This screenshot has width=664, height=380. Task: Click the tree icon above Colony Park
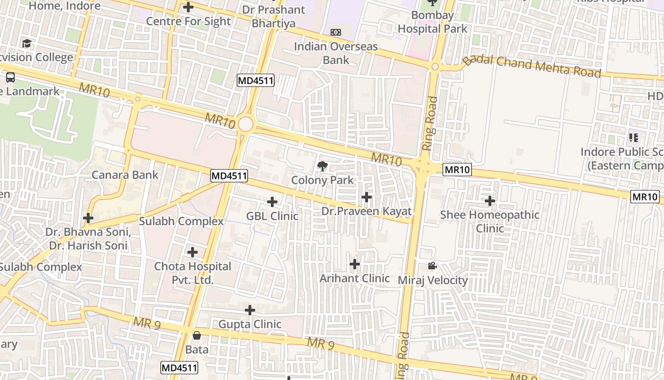click(323, 166)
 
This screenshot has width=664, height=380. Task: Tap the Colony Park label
click(323, 180)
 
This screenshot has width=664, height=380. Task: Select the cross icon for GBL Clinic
click(272, 202)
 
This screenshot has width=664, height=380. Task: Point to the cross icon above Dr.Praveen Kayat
click(367, 197)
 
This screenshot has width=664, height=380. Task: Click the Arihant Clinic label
click(355, 278)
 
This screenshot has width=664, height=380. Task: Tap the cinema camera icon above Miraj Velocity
click(432, 266)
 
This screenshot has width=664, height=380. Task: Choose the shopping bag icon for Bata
click(197, 335)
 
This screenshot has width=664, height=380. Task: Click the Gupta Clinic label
click(250, 324)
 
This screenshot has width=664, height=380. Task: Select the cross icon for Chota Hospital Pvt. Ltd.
click(193, 252)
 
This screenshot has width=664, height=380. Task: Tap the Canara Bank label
click(125, 175)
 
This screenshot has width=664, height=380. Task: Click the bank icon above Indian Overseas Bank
click(336, 32)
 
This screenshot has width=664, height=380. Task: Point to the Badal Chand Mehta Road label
click(532, 66)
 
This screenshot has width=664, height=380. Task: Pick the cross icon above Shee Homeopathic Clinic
click(490, 201)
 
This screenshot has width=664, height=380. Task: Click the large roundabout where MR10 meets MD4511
click(246, 124)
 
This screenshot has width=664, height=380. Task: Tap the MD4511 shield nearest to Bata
click(179, 368)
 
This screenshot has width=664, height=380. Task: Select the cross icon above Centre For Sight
click(188, 7)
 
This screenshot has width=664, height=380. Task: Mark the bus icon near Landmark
click(10, 77)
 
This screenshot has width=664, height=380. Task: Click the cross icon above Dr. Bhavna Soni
click(88, 218)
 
